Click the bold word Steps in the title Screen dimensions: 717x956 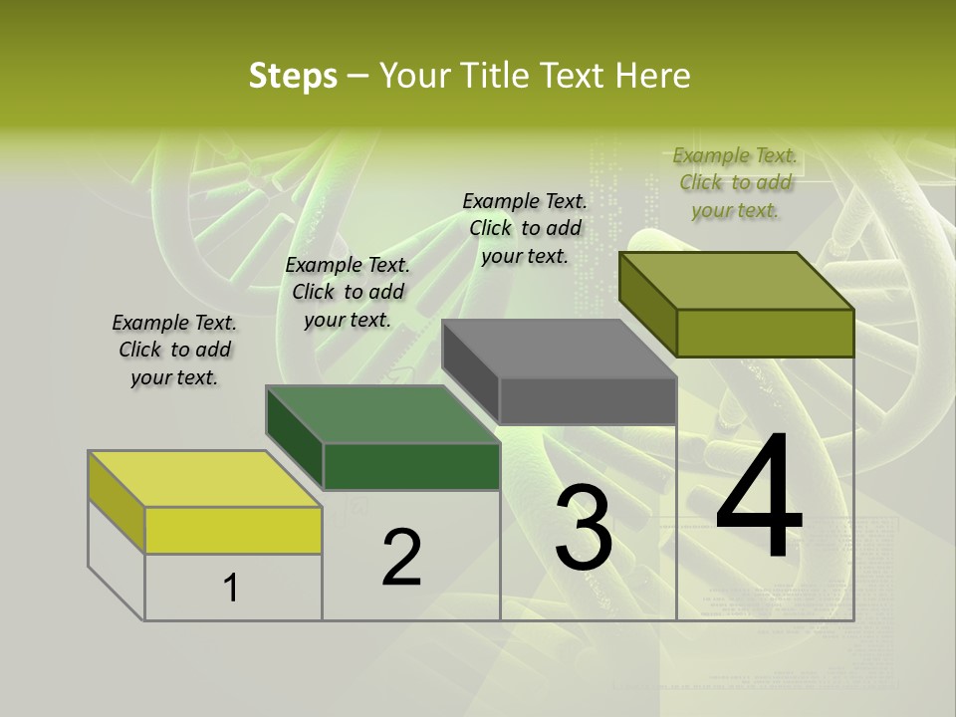[x=293, y=76]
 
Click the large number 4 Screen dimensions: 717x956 [x=759, y=496]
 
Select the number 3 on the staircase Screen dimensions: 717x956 [x=584, y=527]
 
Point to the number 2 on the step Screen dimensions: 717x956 [x=402, y=558]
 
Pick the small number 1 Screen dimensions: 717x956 [x=231, y=589]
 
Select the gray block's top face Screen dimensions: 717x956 [x=560, y=349]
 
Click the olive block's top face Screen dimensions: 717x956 [x=737, y=281]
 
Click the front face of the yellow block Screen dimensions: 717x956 [x=233, y=530]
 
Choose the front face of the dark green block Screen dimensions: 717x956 [x=411, y=466]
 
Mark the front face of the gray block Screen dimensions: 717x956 [x=588, y=401]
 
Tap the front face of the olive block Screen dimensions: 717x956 [x=765, y=333]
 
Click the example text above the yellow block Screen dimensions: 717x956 [x=174, y=350]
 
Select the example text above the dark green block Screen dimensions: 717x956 [x=348, y=292]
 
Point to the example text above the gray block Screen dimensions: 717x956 [x=525, y=228]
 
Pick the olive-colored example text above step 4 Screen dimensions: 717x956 [x=735, y=182]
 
